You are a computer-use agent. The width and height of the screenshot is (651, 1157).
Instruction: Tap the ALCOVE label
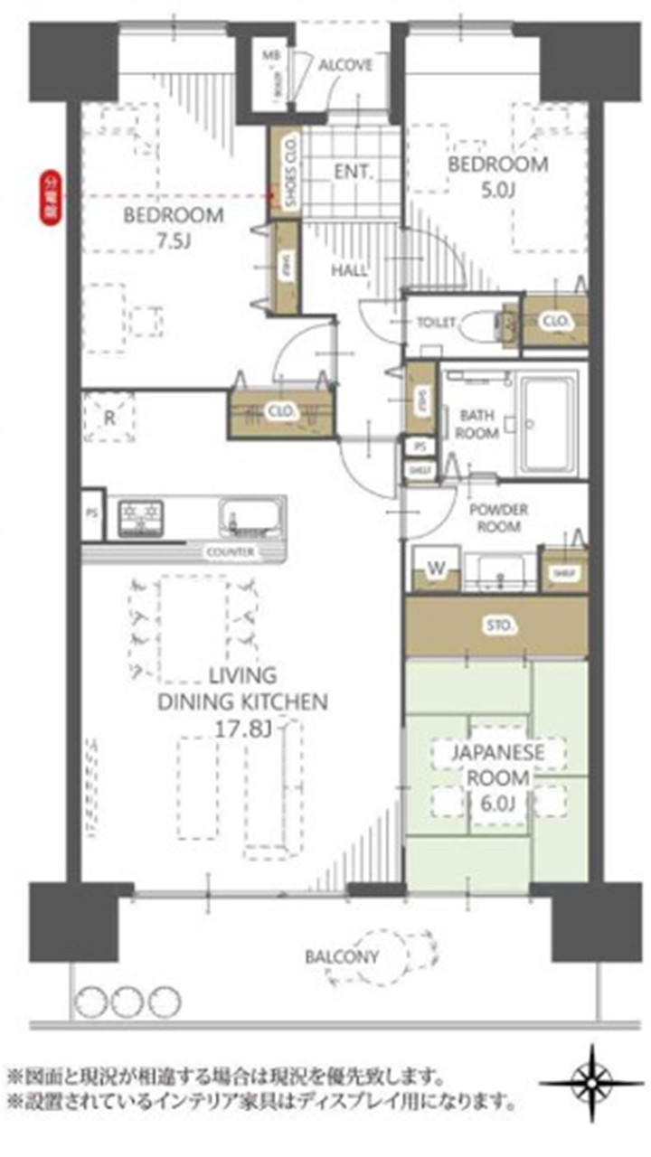click(344, 65)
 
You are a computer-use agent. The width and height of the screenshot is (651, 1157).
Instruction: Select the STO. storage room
click(496, 626)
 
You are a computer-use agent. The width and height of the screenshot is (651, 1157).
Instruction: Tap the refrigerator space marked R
click(109, 419)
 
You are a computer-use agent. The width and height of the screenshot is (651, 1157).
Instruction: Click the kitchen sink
click(250, 517)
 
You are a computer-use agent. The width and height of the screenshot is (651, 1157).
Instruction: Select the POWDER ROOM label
click(498, 518)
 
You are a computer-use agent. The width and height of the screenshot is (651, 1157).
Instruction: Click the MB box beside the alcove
click(272, 56)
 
